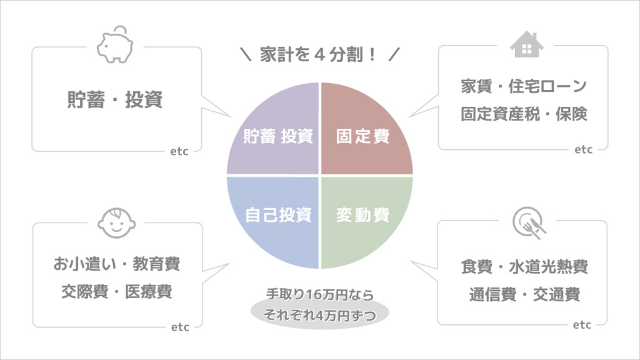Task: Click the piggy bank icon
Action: pos(115,45)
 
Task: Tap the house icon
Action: pos(526,44)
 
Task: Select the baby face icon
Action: pos(116,223)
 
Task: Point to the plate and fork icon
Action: pos(529,223)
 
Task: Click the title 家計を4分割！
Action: pos(318,54)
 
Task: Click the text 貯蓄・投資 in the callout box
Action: pos(115,99)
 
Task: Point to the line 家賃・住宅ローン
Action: pos(524,86)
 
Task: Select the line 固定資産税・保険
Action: pos(524,114)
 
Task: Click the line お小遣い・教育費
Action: pos(117,264)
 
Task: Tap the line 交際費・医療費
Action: pos(117,291)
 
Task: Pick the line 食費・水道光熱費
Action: pos(524,266)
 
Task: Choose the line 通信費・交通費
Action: pos(524,294)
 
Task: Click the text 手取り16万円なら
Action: pos(320,294)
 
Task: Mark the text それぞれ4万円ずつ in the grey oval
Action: pos(320,315)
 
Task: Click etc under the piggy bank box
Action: pos(179,151)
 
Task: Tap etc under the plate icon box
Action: pos(582,325)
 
